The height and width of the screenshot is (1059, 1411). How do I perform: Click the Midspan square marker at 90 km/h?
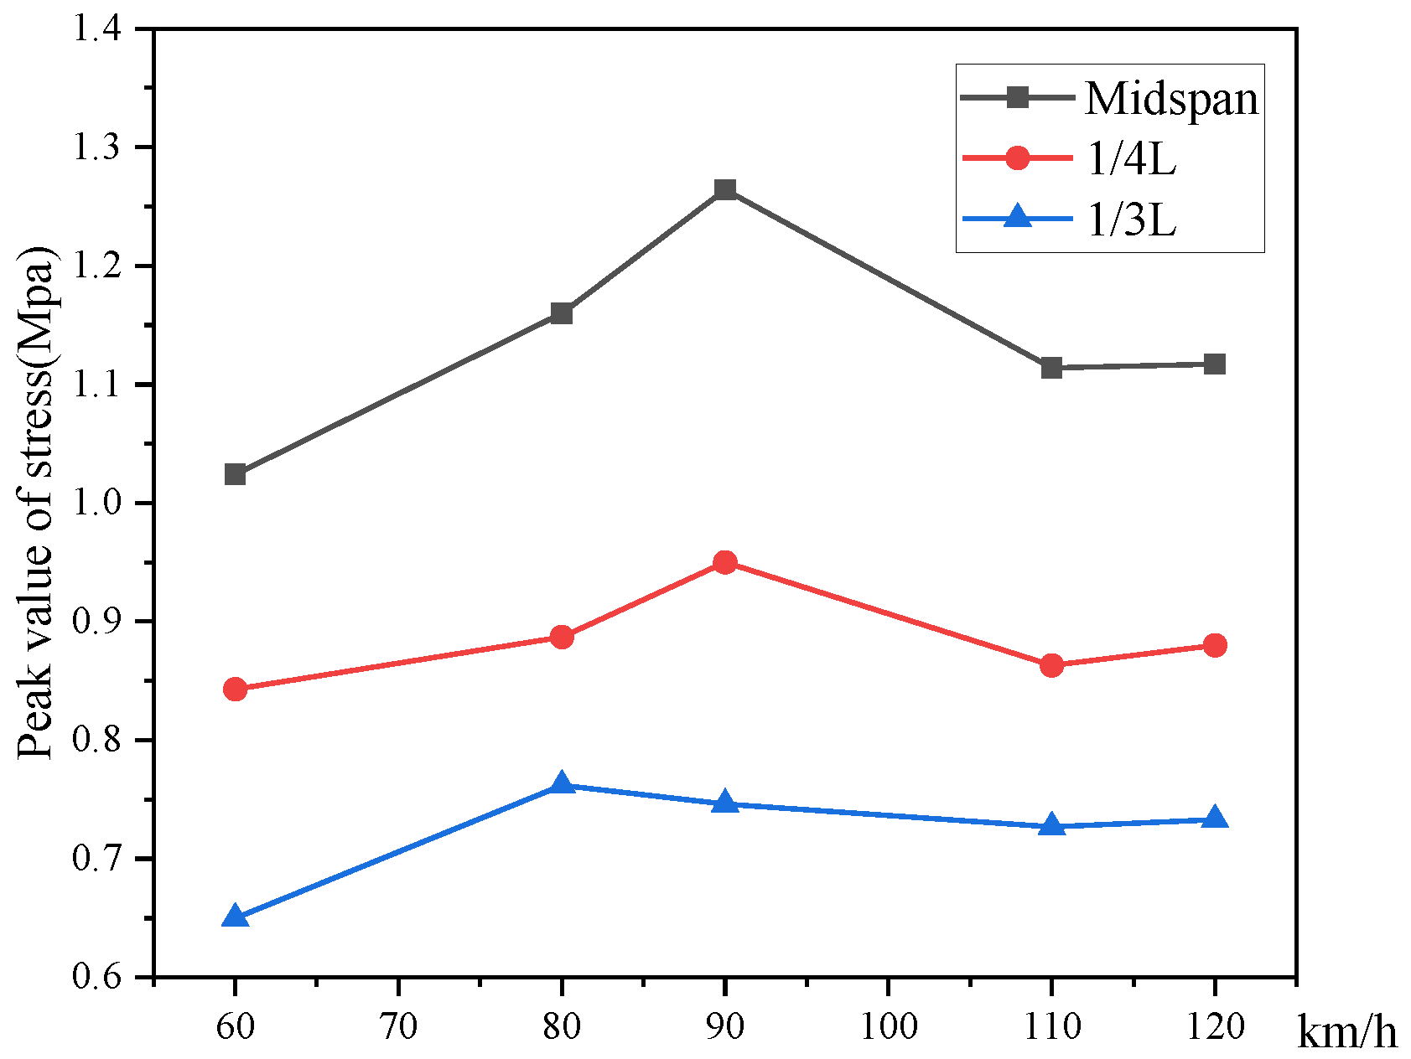click(x=725, y=189)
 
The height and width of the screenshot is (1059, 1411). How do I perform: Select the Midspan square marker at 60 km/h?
click(x=236, y=475)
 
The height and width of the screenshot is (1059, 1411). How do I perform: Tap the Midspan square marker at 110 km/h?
click(x=1051, y=368)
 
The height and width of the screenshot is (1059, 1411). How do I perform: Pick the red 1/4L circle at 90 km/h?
click(x=725, y=562)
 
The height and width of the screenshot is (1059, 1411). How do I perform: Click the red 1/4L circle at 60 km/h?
click(x=236, y=690)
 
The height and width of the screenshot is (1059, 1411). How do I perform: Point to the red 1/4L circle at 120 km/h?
click(x=1215, y=645)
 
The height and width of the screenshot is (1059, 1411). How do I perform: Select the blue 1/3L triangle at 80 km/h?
click(x=562, y=785)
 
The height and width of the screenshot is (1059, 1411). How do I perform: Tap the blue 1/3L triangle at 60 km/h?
click(x=236, y=917)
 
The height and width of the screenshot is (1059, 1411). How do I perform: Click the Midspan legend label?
click(x=1171, y=99)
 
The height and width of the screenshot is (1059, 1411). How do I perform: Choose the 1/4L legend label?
click(x=1131, y=159)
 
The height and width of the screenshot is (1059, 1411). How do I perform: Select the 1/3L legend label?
click(x=1131, y=220)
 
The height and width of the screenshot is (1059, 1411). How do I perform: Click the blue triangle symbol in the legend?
click(x=1017, y=218)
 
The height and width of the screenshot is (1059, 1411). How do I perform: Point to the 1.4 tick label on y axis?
click(x=99, y=29)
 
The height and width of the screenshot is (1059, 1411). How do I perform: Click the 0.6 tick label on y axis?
click(x=99, y=978)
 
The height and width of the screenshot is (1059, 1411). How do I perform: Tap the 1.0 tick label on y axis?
click(x=99, y=504)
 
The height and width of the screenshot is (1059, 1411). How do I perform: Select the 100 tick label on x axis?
click(x=889, y=1026)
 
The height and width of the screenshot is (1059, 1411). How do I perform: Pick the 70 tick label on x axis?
click(x=398, y=1026)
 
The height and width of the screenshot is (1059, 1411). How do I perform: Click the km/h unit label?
click(x=1347, y=1032)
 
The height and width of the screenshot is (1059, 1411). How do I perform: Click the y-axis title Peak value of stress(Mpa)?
click(x=35, y=504)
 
